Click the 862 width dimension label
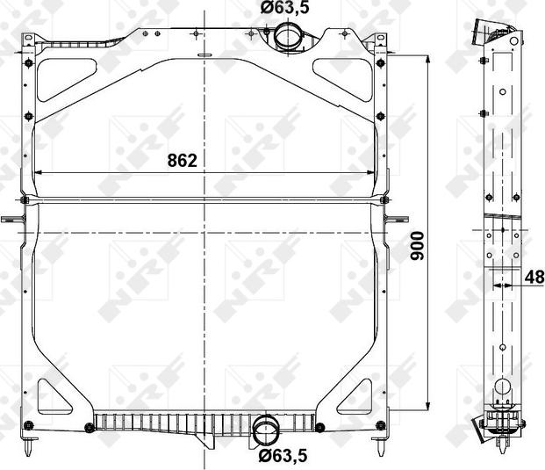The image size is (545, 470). pyautogui.click(x=183, y=161)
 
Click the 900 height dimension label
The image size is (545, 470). pyautogui.click(x=417, y=246)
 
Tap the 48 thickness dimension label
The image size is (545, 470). pyautogui.click(x=534, y=278)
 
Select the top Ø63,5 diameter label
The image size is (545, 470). pyautogui.click(x=284, y=7)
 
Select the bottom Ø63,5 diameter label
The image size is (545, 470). pyautogui.click(x=283, y=456)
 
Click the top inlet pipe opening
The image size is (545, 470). pyautogui.click(x=288, y=35)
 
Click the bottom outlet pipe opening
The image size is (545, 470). pyautogui.click(x=267, y=431)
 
